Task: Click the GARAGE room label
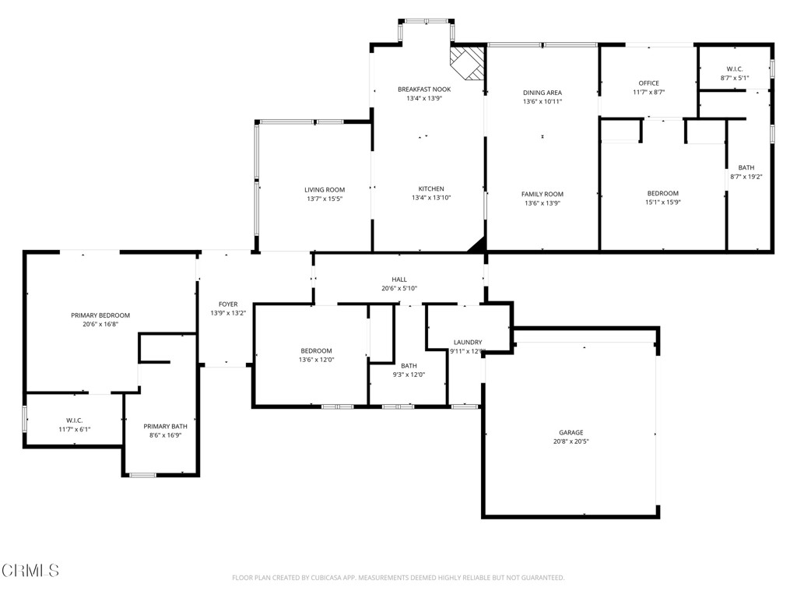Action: tap(571, 432)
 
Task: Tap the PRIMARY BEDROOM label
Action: tap(100, 315)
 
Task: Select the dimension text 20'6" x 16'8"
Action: tap(100, 324)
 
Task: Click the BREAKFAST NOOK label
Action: tap(424, 90)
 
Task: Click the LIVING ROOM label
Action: tap(325, 190)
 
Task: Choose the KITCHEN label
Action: tap(431, 189)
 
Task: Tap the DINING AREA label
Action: tap(542, 93)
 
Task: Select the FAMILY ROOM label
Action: tap(542, 195)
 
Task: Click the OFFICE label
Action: tap(648, 83)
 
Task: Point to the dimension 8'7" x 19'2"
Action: tap(746, 177)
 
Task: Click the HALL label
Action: tap(399, 280)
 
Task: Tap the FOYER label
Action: tap(228, 304)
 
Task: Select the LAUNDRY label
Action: tap(468, 343)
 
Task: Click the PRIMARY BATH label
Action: tap(165, 426)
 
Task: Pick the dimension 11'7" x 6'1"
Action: tap(75, 429)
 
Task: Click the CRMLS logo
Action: tap(30, 571)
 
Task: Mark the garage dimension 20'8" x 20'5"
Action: tap(571, 441)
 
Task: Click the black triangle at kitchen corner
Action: tap(477, 245)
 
